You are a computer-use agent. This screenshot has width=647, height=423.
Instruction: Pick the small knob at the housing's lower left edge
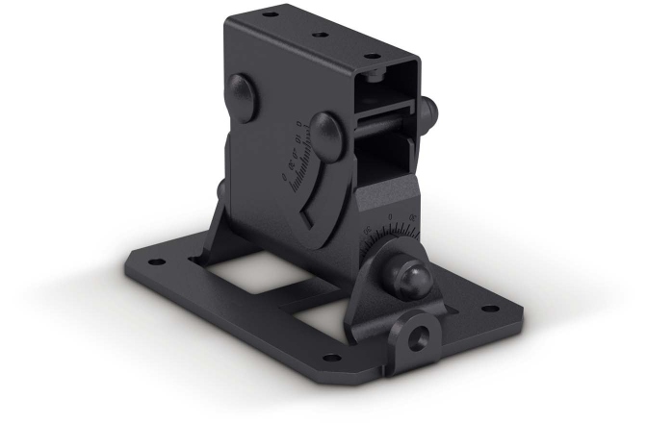click(x=220, y=187)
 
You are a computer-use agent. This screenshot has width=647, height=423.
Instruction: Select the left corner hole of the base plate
click(x=150, y=261)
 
